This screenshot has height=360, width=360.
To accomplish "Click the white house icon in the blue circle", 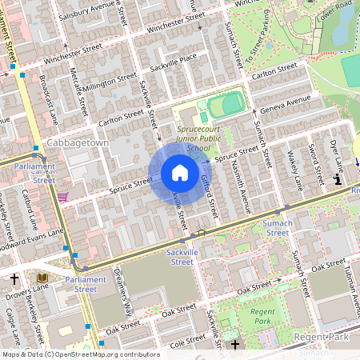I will click(179, 173).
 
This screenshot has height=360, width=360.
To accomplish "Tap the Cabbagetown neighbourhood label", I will click(54, 142).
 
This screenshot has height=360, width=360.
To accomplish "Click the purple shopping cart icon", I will click(62, 196).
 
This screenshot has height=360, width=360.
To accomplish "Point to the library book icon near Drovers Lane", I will click(42, 278).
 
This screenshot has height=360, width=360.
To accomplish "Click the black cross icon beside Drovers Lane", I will click(15, 278).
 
